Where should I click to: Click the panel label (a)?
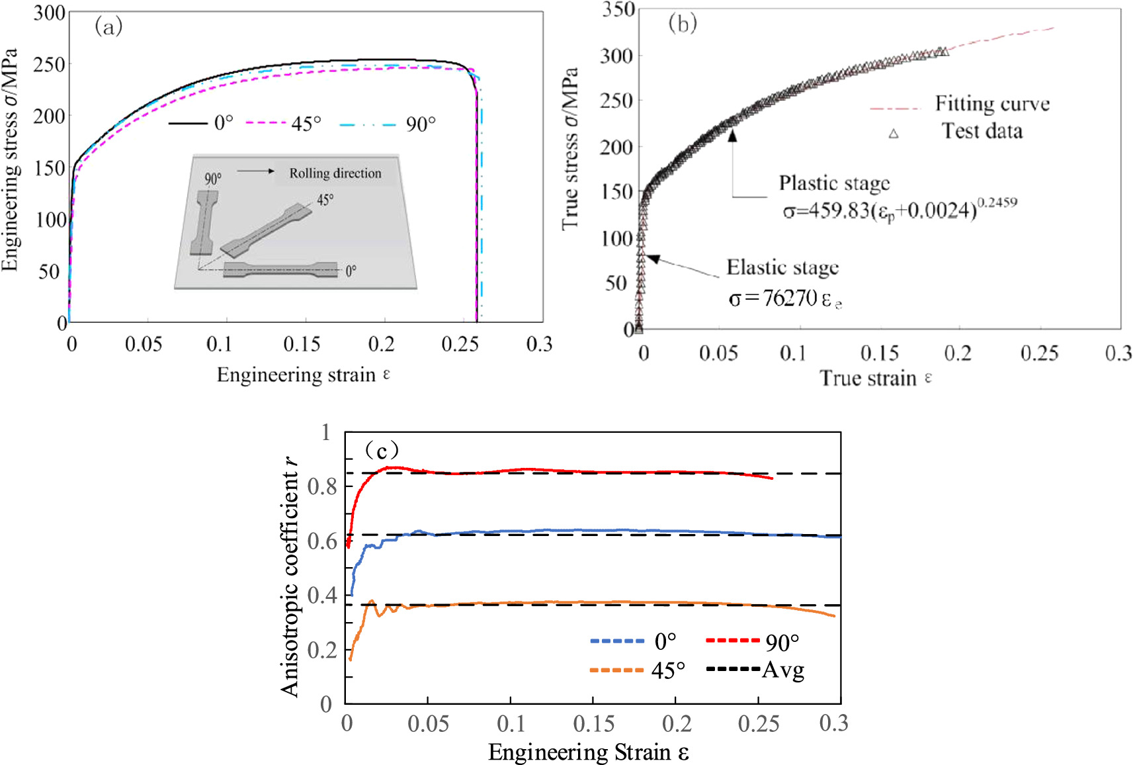[x=108, y=27]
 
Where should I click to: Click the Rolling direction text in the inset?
[x=335, y=173]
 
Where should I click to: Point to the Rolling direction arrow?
[x=256, y=171]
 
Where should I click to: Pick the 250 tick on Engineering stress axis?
[x=50, y=65]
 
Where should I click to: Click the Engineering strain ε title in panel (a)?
[x=303, y=375]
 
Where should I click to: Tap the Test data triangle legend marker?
[x=894, y=134]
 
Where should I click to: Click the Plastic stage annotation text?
[x=834, y=183]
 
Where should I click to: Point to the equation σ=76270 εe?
[x=784, y=299]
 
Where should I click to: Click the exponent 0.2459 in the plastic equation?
[x=997, y=202]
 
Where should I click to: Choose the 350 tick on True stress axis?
[x=618, y=10]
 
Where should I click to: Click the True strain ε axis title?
[x=875, y=378]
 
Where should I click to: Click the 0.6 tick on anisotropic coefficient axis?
[x=322, y=541]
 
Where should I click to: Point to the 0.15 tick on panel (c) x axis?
[x=593, y=723]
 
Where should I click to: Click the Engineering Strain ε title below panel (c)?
[x=588, y=752]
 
